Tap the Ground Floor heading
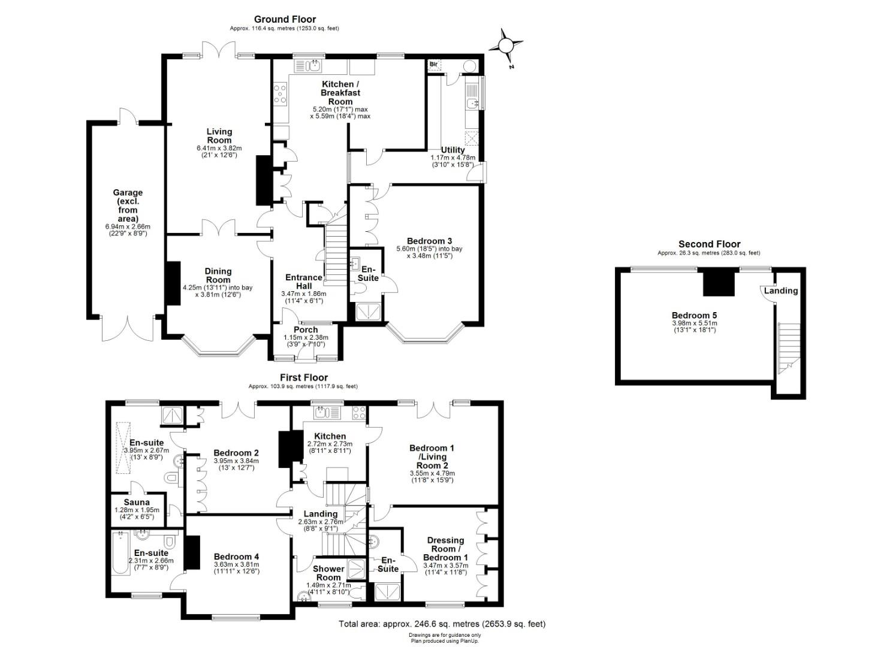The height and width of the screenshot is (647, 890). pyautogui.click(x=285, y=20)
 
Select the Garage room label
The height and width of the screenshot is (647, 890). pyautogui.click(x=128, y=205)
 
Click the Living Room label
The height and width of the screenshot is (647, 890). pyautogui.click(x=219, y=136)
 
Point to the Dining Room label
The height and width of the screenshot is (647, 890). pyautogui.click(x=218, y=276)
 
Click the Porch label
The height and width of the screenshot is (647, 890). pyautogui.click(x=306, y=330)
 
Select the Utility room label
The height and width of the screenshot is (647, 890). pyautogui.click(x=452, y=150)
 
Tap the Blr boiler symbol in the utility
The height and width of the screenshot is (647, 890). pyautogui.click(x=435, y=65)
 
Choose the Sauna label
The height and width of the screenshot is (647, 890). pyautogui.click(x=137, y=503)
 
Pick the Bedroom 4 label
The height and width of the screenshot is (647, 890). pyautogui.click(x=236, y=557)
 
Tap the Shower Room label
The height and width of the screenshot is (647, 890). pyautogui.click(x=328, y=573)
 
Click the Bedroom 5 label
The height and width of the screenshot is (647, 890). pyautogui.click(x=694, y=316)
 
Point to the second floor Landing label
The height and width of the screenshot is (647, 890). pyautogui.click(x=780, y=291)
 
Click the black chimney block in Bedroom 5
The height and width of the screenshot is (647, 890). pyautogui.click(x=719, y=282)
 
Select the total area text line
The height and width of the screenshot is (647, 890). pyautogui.click(x=442, y=624)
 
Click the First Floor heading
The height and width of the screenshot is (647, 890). pyautogui.click(x=303, y=378)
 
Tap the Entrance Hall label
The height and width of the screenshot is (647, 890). pyautogui.click(x=303, y=282)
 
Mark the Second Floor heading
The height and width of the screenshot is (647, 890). pyautogui.click(x=709, y=244)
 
